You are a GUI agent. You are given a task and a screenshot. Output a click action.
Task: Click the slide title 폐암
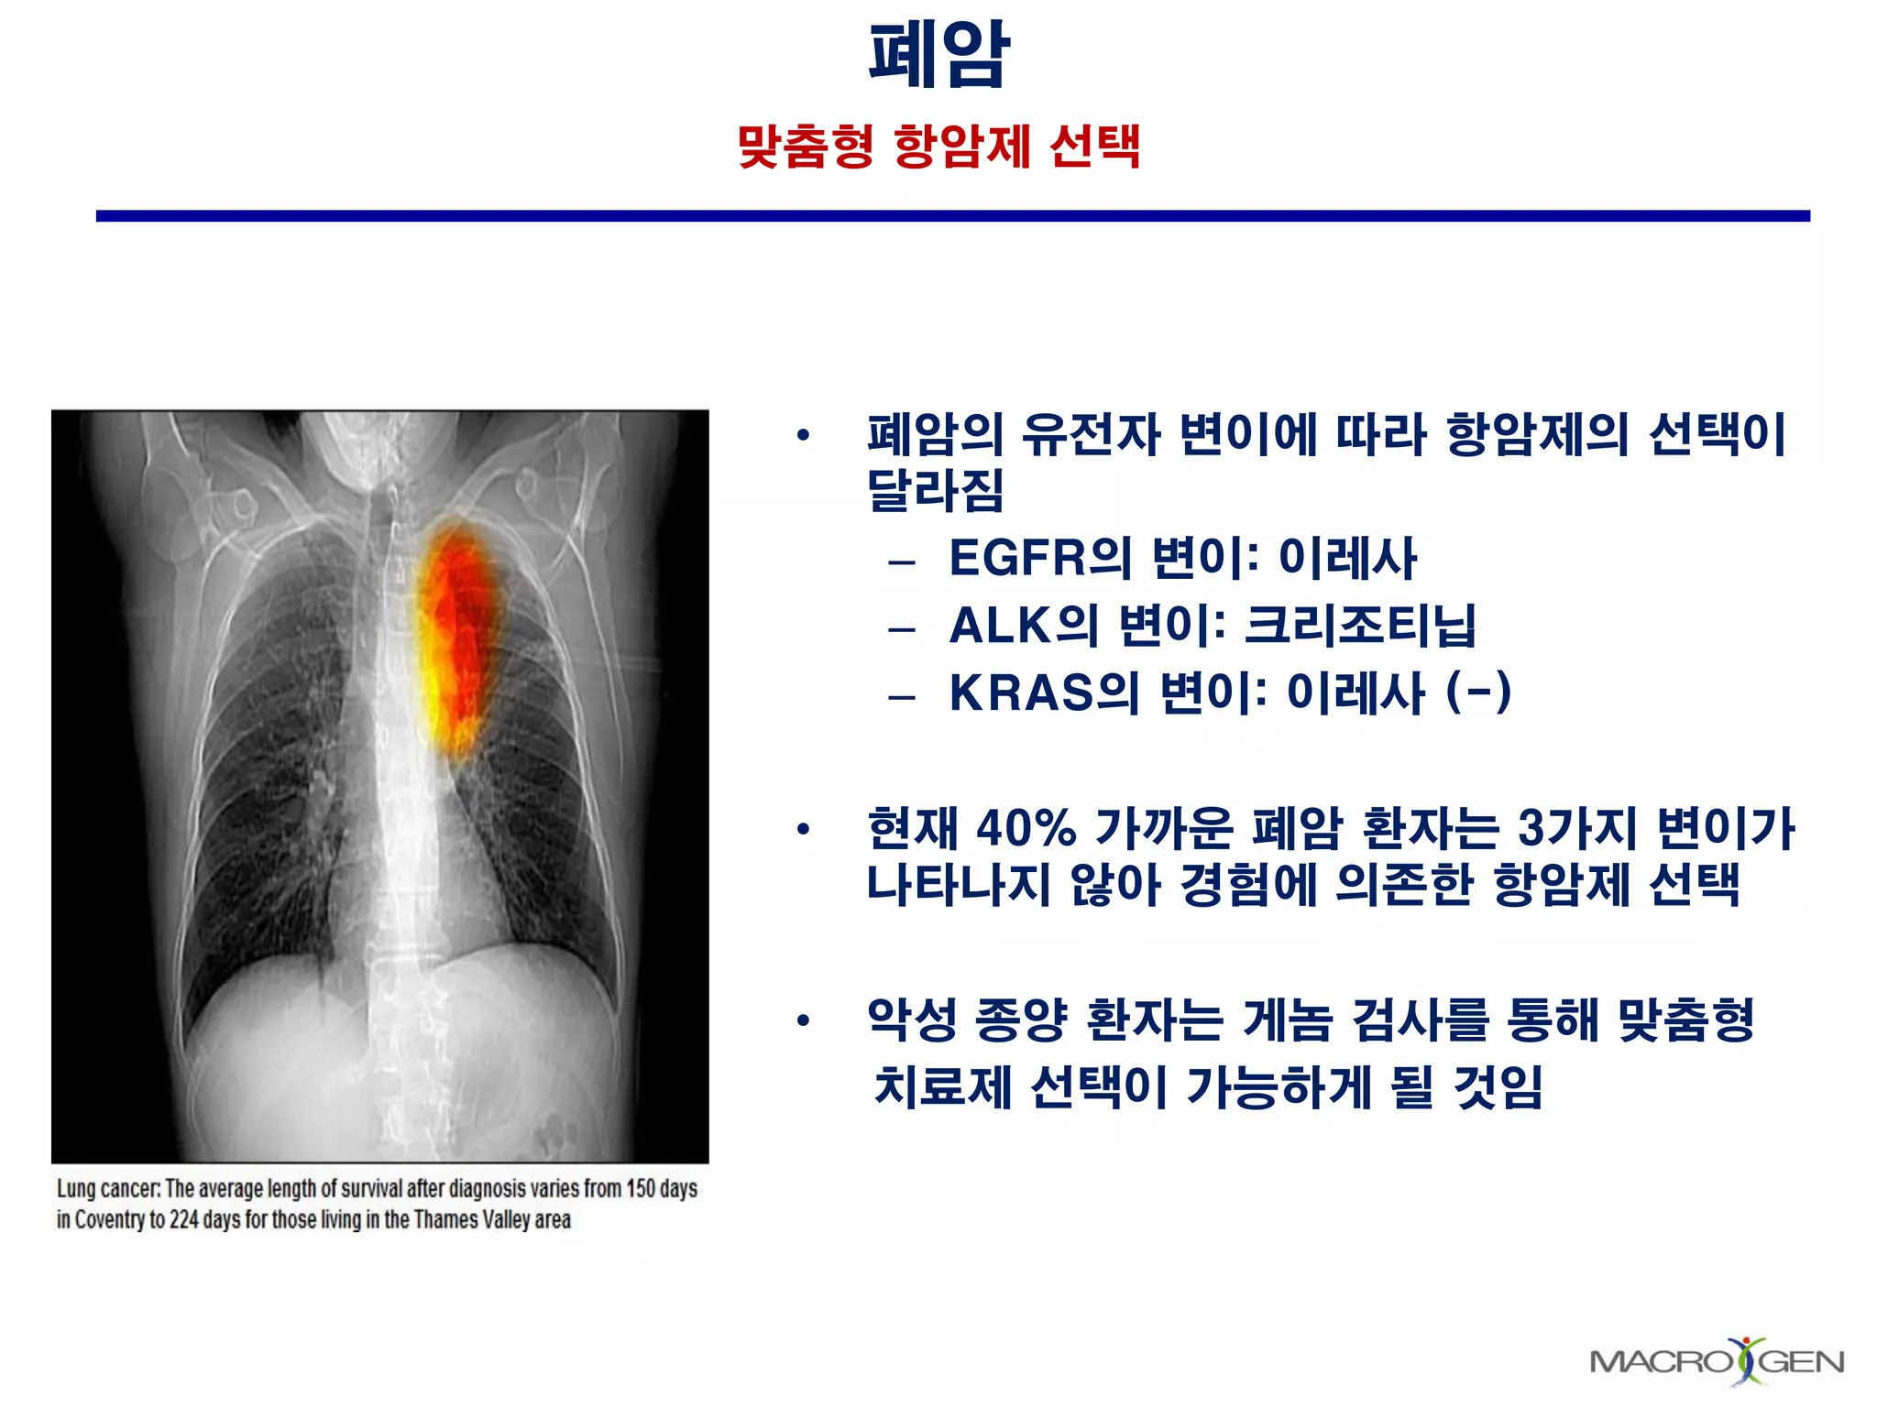click(938, 55)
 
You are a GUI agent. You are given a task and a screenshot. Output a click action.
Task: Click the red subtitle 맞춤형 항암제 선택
click(938, 147)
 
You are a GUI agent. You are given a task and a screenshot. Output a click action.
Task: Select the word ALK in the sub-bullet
click(999, 626)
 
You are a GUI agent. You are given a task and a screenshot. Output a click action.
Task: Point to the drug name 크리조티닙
click(1360, 626)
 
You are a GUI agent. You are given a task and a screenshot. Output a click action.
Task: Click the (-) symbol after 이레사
click(1477, 692)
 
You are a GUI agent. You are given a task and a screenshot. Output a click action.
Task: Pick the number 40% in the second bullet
click(1025, 828)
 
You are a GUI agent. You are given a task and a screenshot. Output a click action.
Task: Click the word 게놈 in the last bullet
click(1287, 1020)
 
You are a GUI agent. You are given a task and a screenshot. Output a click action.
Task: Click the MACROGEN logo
click(1716, 1361)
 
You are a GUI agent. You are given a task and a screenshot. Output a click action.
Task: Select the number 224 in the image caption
click(183, 1220)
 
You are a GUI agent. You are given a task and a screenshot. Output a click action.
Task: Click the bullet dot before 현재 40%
click(804, 830)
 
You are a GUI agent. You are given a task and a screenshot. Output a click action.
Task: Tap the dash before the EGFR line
click(902, 562)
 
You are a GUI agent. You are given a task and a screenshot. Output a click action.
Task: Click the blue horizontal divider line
click(953, 216)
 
